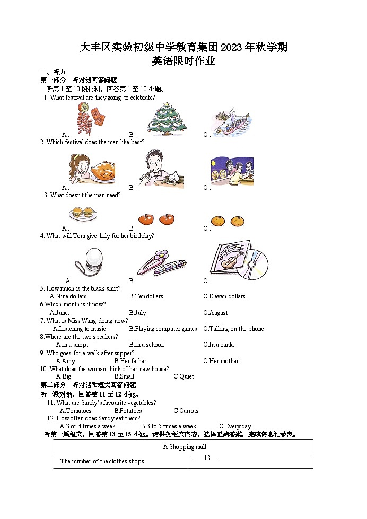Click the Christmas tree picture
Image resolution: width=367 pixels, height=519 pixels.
[167, 118]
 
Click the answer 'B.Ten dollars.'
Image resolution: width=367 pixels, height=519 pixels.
[147, 296]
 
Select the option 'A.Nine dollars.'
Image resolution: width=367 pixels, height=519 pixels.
[69, 296]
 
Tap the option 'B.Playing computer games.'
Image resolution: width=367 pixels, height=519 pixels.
[164, 329]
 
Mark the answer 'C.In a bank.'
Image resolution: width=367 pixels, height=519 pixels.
[219, 345]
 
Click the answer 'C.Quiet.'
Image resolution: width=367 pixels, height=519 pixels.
[185, 376]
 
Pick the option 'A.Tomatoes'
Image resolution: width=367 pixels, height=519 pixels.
[75, 411]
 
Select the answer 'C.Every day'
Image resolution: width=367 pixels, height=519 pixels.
[235, 426]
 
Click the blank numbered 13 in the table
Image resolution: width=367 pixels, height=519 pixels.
[207, 459]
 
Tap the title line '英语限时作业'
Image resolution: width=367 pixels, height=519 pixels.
[183, 61]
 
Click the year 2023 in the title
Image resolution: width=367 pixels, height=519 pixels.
[231, 48]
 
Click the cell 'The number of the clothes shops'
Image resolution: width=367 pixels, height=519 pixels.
[102, 461]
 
